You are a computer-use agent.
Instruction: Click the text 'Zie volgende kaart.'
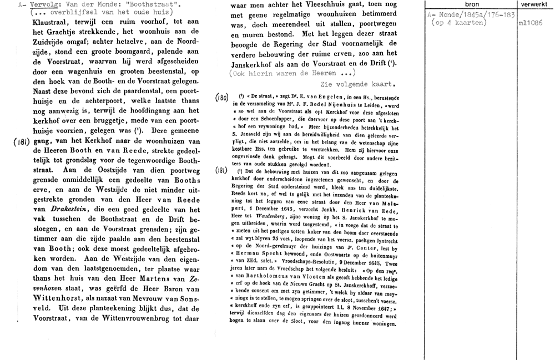click(357, 84)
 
